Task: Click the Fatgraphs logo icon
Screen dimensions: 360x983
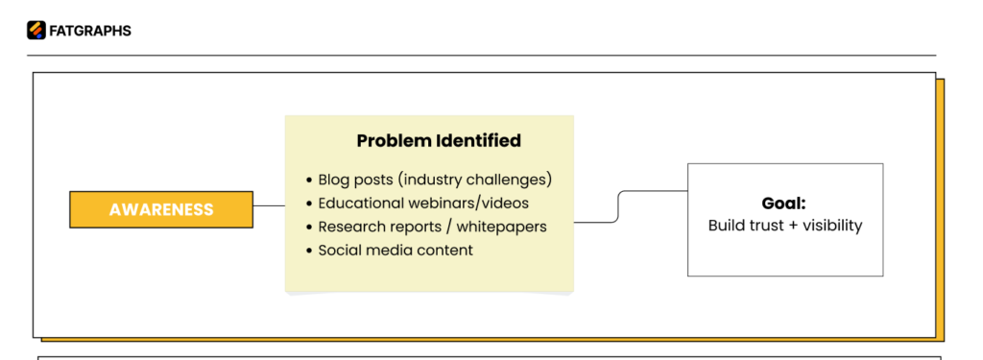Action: [36, 31]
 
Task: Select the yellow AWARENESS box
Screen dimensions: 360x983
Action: [161, 209]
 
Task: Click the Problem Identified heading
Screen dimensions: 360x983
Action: [439, 141]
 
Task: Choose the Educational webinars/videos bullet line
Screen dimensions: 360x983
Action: [422, 204]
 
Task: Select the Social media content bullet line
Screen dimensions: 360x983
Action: [395, 251]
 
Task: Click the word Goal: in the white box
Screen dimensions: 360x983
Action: [783, 204]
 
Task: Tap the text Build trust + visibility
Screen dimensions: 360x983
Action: [784, 227]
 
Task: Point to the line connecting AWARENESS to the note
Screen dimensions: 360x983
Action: [269, 205]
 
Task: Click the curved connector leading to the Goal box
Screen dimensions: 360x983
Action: [619, 205]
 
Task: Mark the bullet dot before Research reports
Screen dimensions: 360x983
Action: [309, 228]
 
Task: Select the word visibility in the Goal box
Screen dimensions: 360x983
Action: [830, 227]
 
